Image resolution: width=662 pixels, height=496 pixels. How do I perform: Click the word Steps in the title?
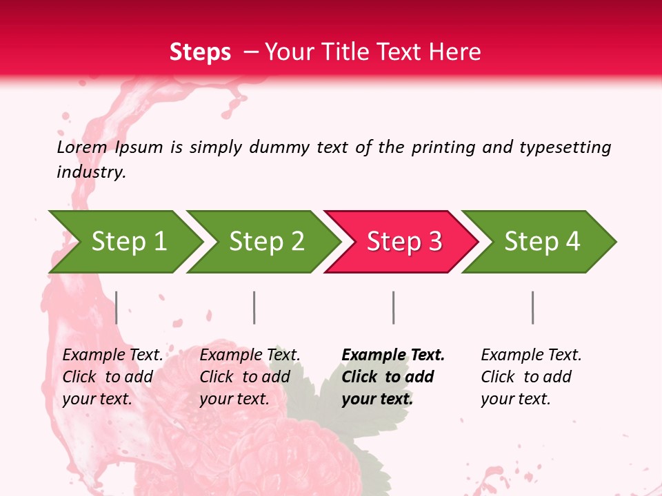click(200, 52)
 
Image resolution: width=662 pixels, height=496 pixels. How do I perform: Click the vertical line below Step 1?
click(117, 307)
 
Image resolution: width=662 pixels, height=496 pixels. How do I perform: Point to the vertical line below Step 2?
click(254, 307)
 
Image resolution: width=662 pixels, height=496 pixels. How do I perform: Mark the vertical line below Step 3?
click(393, 307)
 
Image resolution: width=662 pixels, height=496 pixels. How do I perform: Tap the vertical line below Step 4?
click(532, 307)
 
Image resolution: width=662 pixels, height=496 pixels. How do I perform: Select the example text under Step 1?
click(112, 377)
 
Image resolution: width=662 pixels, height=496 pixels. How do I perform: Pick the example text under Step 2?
click(250, 377)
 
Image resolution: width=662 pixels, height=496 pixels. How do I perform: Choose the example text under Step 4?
click(531, 377)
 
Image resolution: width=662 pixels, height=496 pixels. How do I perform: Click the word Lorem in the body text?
click(81, 147)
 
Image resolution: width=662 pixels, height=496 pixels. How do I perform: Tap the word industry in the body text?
click(91, 172)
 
